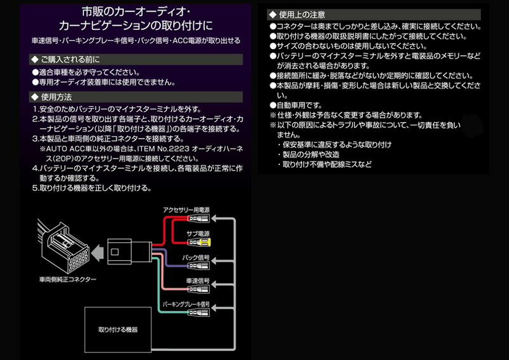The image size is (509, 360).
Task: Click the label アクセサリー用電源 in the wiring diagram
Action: coord(186,209)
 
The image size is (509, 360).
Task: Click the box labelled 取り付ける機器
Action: coord(118,330)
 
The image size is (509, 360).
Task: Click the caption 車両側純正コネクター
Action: coord(68,279)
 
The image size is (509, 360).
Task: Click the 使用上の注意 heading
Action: coord(298,14)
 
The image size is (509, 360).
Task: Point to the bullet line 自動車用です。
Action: coord(299,105)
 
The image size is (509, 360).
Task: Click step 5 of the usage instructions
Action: coord(92,188)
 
